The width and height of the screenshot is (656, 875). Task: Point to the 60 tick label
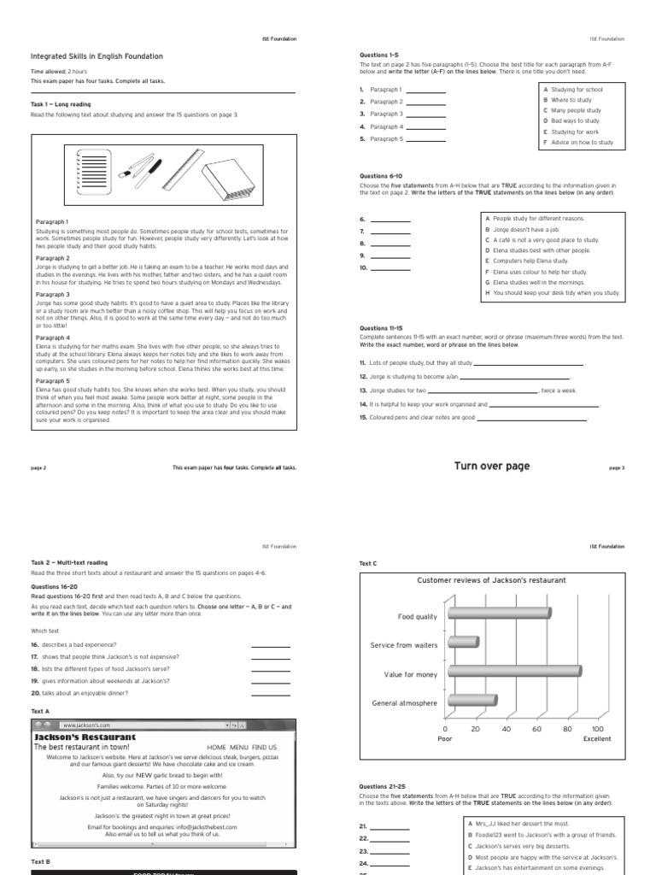pos(536,729)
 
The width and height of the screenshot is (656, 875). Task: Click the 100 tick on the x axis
pos(597,729)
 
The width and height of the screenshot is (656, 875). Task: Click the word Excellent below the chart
pos(597,739)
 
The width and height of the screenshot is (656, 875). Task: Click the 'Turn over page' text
pos(491,466)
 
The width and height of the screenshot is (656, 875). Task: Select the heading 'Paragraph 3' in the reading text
pos(53,294)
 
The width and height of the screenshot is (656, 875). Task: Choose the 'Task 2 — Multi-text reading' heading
pos(69,563)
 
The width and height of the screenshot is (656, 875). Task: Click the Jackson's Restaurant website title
pos(85,737)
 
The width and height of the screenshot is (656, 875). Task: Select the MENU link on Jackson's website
pos(238,747)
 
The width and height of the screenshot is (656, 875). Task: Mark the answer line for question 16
pos(271,645)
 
